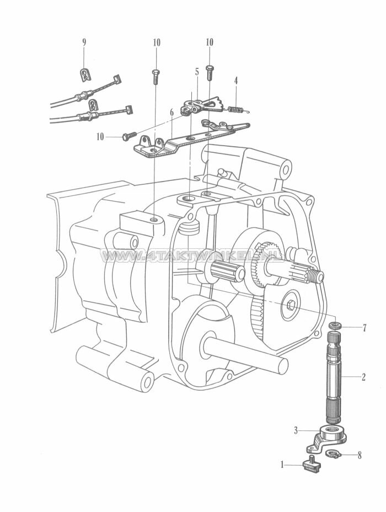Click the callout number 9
pyautogui.click(x=84, y=42)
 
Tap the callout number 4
pyautogui.click(x=236, y=81)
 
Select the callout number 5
pyautogui.click(x=196, y=72)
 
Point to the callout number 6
pyautogui.click(x=171, y=112)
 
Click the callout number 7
pyautogui.click(x=364, y=328)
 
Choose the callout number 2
pyautogui.click(x=363, y=378)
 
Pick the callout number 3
pyautogui.click(x=296, y=430)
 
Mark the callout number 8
pyautogui.click(x=360, y=455)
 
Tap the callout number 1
pyautogui.click(x=283, y=465)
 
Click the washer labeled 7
pyautogui.click(x=334, y=326)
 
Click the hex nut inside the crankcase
pyautogui.click(x=290, y=306)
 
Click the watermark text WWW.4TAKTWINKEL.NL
pyautogui.click(x=193, y=256)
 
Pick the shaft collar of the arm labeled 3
pyautogui.click(x=334, y=430)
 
